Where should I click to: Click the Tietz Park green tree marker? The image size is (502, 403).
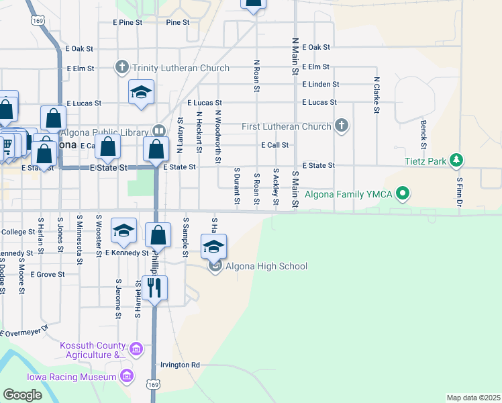[457, 160]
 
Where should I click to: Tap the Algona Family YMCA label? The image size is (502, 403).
[349, 195]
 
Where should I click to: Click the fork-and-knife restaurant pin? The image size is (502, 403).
[154, 288]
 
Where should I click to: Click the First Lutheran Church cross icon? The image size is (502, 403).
[341, 126]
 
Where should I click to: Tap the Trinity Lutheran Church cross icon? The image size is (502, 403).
[121, 67]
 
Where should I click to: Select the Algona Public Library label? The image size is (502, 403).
[107, 130]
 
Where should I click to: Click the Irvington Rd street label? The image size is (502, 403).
[180, 365]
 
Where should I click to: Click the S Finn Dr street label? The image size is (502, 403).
[460, 191]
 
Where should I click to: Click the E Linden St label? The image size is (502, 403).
[320, 85]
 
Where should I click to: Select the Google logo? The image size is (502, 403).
[22, 395]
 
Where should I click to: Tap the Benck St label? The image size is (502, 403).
[423, 134]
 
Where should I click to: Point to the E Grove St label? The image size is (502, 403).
[46, 275]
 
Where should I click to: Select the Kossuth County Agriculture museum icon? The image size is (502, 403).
[136, 349]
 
